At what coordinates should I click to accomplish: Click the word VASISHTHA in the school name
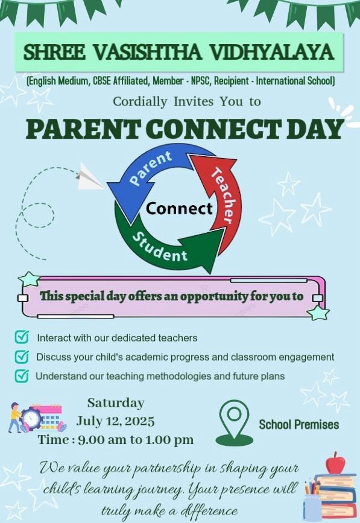click(x=147, y=52)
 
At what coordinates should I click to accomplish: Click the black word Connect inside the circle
click(x=179, y=209)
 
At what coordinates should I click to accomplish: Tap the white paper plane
click(x=89, y=177)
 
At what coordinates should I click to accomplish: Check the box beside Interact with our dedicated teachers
click(x=22, y=337)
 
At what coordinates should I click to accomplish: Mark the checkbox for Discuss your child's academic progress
click(x=22, y=357)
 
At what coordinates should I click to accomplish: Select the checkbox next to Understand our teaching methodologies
click(x=22, y=376)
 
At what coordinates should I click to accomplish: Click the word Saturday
click(x=116, y=404)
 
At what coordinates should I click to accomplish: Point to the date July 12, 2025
click(x=115, y=421)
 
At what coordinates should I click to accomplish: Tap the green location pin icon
click(x=235, y=423)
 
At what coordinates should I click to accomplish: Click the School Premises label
click(x=299, y=425)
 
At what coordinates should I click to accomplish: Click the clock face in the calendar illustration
click(x=31, y=418)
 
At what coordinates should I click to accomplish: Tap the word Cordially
click(x=140, y=101)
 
